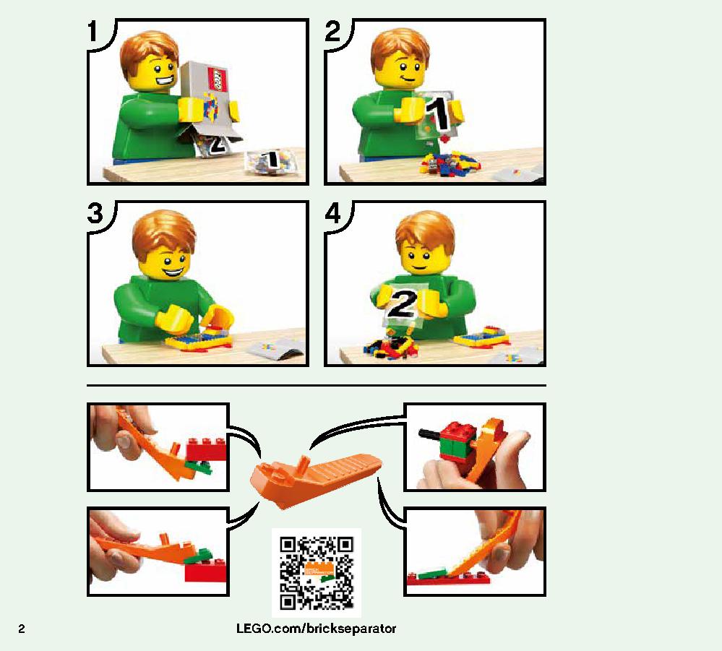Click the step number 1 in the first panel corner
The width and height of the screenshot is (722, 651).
(93, 32)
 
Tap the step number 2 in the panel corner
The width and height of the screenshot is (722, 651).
(332, 31)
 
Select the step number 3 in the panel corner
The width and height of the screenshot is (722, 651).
(95, 214)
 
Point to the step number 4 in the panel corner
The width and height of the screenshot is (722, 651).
(333, 213)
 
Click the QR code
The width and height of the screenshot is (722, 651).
(317, 573)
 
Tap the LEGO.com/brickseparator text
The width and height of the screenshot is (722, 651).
(316, 629)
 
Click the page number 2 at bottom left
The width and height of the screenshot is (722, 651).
(22, 629)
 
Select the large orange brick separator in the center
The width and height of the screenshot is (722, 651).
(315, 480)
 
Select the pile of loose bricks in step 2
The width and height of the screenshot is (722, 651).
(449, 164)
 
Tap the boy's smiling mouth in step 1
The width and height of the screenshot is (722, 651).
(165, 82)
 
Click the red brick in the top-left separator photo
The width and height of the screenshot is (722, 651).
(207, 449)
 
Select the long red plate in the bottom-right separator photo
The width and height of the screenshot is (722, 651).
(447, 579)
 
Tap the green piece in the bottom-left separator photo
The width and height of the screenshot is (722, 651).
(199, 556)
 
